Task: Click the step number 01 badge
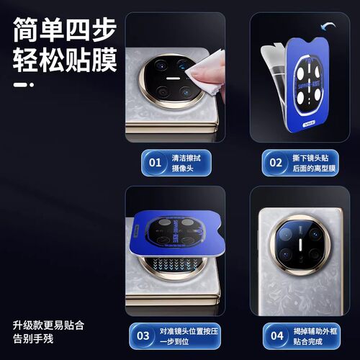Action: click(x=154, y=163)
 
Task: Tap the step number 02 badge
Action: click(x=276, y=163)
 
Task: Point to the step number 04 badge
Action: click(x=276, y=336)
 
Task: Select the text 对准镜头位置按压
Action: click(x=185, y=330)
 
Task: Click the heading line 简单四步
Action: click(x=63, y=28)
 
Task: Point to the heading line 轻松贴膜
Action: click(x=63, y=60)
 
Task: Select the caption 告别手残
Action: click(x=32, y=337)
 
